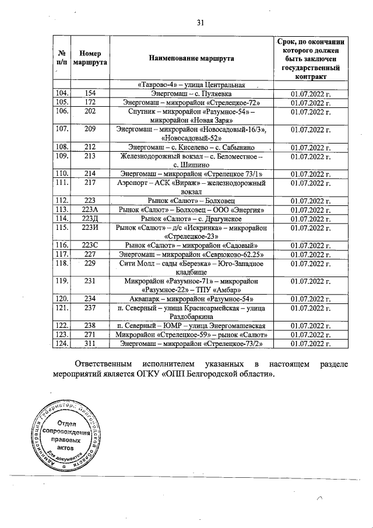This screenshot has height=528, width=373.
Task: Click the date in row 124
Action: click(310, 344)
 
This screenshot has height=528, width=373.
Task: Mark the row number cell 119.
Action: click(61, 281)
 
